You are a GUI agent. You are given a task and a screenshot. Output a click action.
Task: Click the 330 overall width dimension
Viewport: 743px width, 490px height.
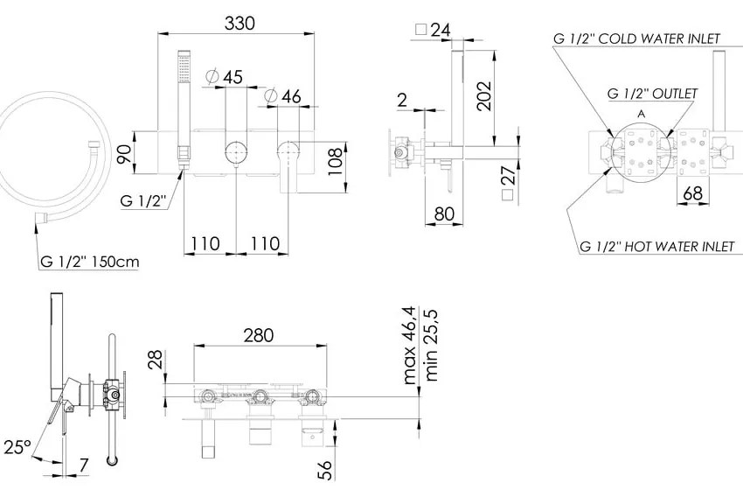[240, 23]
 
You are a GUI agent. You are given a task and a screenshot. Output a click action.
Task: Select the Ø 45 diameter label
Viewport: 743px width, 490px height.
[225, 76]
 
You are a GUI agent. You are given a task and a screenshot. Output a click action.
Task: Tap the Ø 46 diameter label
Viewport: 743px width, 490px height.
[283, 96]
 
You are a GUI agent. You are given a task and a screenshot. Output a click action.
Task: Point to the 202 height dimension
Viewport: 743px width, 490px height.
[483, 96]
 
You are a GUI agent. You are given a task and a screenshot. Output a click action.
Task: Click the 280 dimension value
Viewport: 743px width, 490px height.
[259, 335]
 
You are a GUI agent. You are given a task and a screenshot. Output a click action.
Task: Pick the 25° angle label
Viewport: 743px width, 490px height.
[17, 447]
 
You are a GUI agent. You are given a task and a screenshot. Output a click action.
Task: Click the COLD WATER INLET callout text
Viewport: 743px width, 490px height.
[659, 38]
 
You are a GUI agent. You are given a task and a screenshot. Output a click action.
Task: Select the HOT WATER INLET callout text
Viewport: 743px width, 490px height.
[679, 246]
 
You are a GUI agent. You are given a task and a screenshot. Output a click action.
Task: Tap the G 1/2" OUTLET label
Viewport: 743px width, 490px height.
[652, 94]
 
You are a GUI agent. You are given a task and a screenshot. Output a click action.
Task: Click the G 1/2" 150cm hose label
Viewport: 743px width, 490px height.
[90, 262]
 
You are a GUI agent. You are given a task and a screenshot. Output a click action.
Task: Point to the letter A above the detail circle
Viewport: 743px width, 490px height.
[642, 114]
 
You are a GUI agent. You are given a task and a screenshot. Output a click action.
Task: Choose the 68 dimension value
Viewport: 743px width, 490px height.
[693, 193]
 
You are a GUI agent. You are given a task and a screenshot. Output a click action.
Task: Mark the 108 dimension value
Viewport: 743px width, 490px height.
[335, 161]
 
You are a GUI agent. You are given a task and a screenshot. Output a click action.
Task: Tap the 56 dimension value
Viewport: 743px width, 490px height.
[325, 470]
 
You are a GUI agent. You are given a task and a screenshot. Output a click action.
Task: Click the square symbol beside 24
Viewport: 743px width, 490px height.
[420, 30]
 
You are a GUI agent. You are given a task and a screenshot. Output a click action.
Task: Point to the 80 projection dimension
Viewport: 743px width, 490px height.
[444, 213]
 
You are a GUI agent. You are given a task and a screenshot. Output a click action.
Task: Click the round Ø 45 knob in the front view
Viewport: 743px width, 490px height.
[235, 152]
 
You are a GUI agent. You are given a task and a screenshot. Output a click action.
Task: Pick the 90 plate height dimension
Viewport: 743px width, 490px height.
[123, 155]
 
